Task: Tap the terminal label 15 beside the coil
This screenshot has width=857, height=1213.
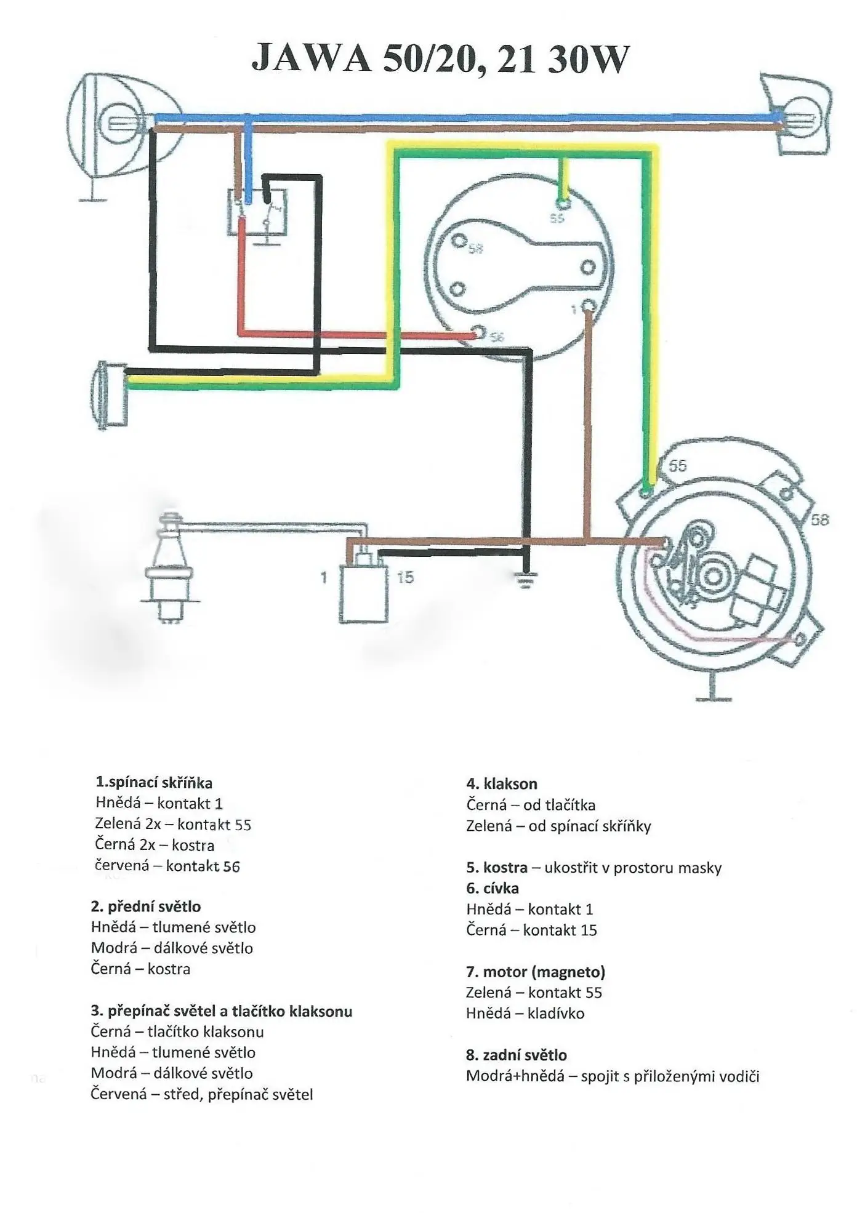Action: tap(405, 578)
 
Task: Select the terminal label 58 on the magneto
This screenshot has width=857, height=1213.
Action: tap(819, 520)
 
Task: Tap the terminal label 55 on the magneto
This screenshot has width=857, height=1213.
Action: tap(677, 466)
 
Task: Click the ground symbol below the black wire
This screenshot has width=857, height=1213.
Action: tap(526, 580)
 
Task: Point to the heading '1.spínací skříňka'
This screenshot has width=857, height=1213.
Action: tap(154, 783)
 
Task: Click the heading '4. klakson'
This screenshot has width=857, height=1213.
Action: tap(502, 784)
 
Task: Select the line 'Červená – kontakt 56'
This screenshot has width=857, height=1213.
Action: tap(167, 866)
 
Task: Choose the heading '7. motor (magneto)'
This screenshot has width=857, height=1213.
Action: tap(536, 972)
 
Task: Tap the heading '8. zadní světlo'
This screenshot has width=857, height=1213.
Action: tap(516, 1055)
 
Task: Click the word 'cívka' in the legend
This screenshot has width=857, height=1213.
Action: tap(501, 888)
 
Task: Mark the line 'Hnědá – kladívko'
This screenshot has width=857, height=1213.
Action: tap(525, 1013)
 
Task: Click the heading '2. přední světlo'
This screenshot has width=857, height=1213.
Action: tap(146, 907)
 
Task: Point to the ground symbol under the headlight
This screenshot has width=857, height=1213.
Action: tap(92, 196)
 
